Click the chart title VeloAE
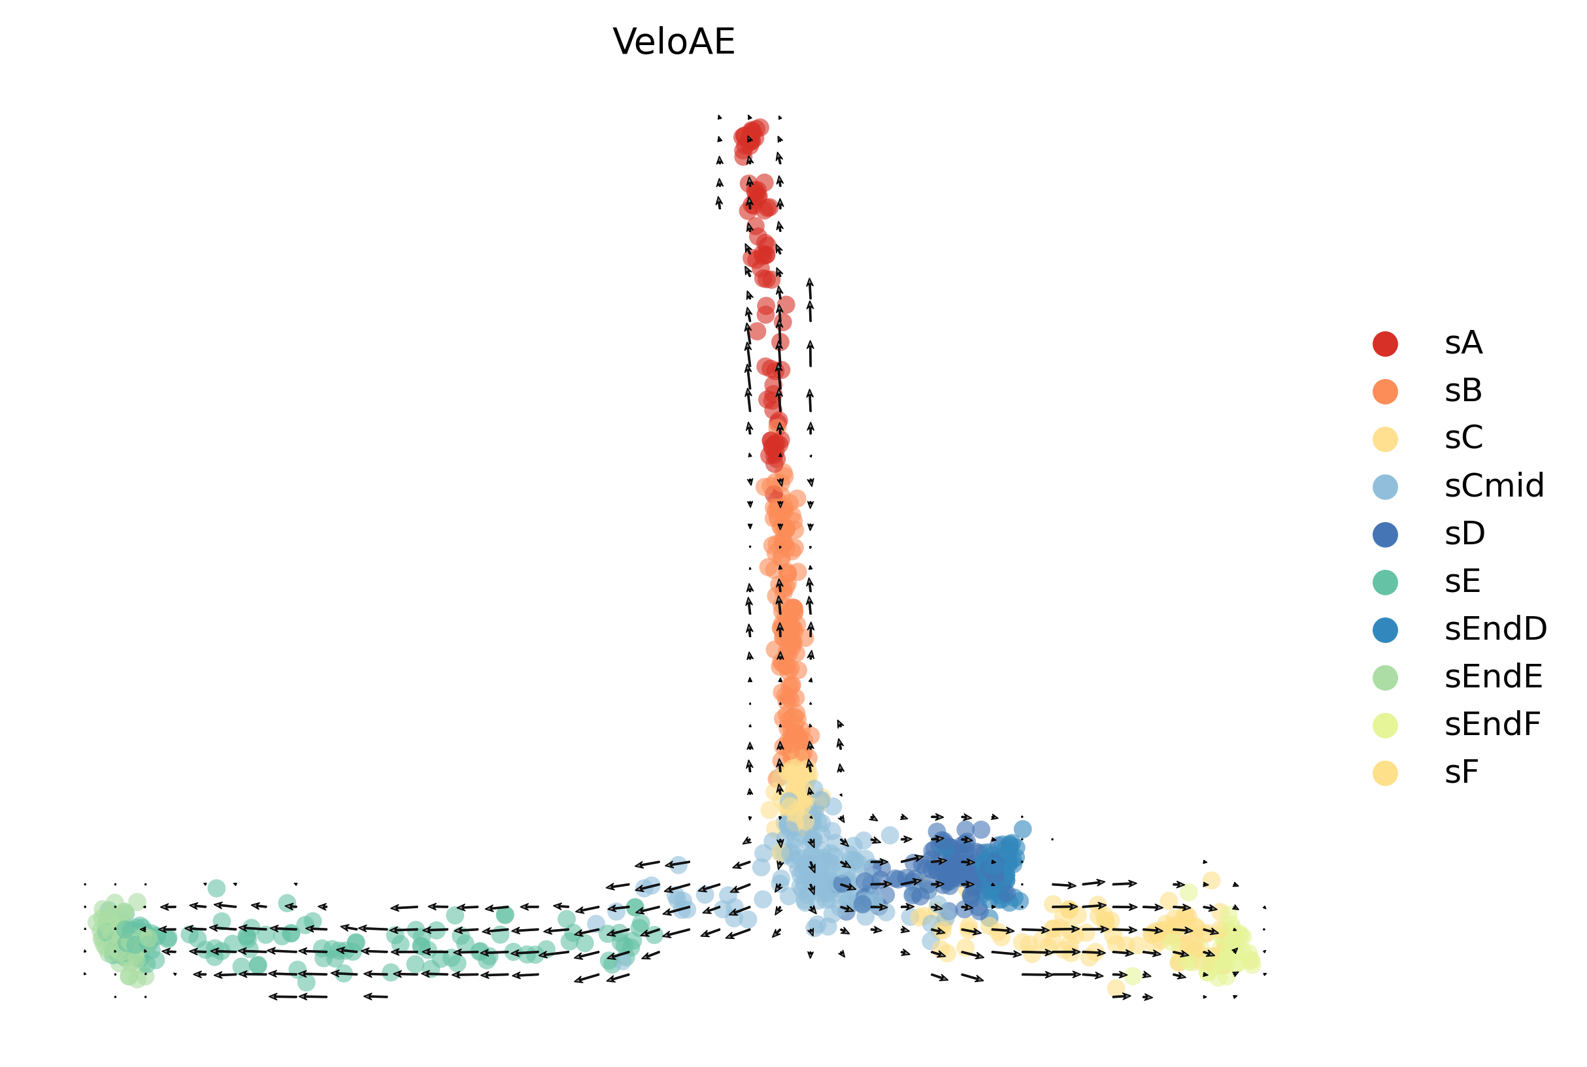pyautogui.click(x=673, y=42)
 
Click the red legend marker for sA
pyautogui.click(x=1385, y=344)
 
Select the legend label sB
pyautogui.click(x=1463, y=391)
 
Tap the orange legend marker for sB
pyautogui.click(x=1385, y=391)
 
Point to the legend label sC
pyautogui.click(x=1463, y=439)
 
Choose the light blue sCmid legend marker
pyautogui.click(x=1385, y=487)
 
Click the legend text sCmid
pyautogui.click(x=1494, y=487)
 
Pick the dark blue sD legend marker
pyautogui.click(x=1385, y=534)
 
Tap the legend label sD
pyautogui.click(x=1465, y=534)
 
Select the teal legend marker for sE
pyautogui.click(x=1385, y=582)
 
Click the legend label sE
pyautogui.click(x=1462, y=582)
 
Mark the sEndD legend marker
pyautogui.click(x=1385, y=630)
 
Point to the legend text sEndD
pyautogui.click(x=1495, y=630)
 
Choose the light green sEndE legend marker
pyautogui.click(x=1385, y=678)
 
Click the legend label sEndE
pyautogui.click(x=1493, y=678)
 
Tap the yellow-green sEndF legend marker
pyautogui.click(x=1385, y=725)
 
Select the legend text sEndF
pyautogui.click(x=1492, y=725)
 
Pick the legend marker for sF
pyautogui.click(x=1385, y=773)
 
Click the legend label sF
pyautogui.click(x=1461, y=773)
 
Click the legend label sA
pyautogui.click(x=1463, y=344)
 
